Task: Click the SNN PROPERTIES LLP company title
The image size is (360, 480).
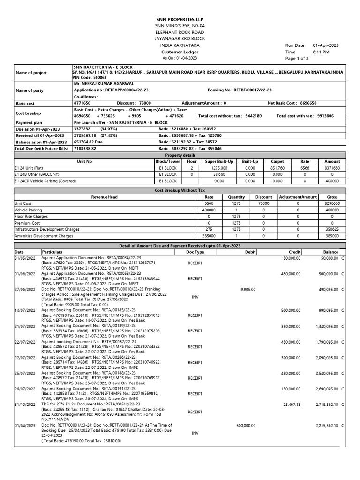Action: [x=180, y=18]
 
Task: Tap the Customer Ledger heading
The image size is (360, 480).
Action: [x=180, y=52]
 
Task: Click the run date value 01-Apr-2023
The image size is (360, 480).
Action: [x=326, y=45]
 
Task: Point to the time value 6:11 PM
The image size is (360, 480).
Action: [x=321, y=52]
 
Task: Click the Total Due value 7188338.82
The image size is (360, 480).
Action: [x=85, y=148]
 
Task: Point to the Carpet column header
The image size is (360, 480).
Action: [x=277, y=161]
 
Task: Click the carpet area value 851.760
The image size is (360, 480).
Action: [x=277, y=167]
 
